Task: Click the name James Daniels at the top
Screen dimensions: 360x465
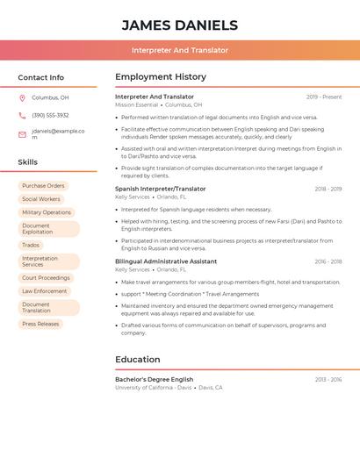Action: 179,25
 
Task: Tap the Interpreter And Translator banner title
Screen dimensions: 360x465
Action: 179,50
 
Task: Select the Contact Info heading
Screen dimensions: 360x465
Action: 40,77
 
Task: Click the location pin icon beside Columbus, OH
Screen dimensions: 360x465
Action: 22,98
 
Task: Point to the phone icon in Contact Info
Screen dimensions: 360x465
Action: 22,115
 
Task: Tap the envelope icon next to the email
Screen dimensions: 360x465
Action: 22,134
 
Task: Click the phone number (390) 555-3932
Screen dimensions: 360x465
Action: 50,115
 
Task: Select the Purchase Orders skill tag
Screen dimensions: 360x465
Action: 43,186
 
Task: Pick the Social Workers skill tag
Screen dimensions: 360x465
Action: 41,199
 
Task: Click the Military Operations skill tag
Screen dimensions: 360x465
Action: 47,212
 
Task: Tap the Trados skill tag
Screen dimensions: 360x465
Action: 31,246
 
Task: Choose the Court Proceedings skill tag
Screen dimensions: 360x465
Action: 46,278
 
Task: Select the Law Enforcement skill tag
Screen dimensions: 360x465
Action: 44,291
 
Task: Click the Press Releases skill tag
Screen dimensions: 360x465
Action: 40,324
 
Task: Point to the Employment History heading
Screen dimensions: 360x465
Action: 161,77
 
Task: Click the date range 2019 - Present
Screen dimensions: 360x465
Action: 324,97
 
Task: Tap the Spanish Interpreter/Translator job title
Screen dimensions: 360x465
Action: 160,189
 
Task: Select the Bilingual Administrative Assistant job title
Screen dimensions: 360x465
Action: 166,261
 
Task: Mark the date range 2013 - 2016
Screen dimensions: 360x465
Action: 328,380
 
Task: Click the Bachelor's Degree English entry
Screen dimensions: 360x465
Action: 154,380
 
